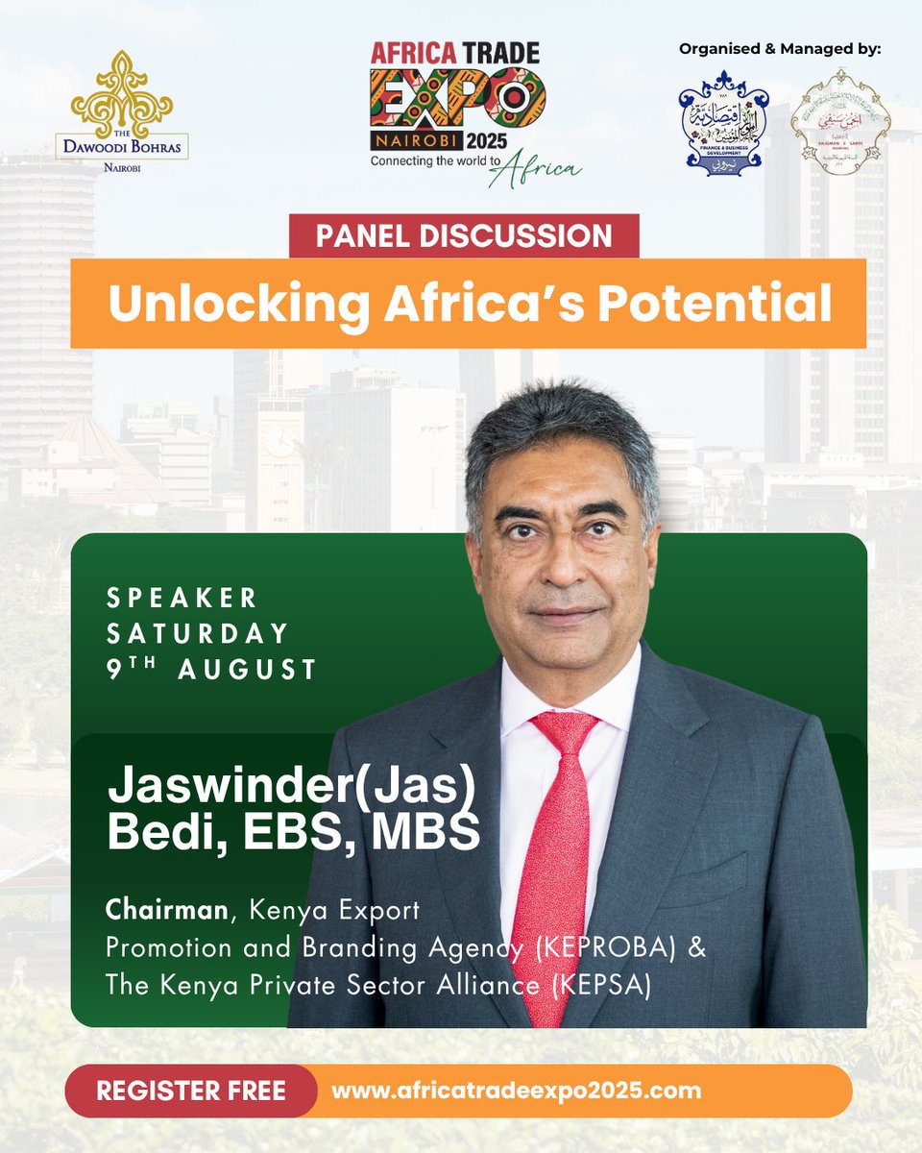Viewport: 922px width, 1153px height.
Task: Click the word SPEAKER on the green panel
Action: click(182, 598)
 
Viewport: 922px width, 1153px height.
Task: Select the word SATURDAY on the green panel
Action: click(198, 634)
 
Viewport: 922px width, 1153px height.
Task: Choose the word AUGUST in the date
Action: click(248, 670)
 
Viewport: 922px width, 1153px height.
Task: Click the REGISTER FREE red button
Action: click(190, 1092)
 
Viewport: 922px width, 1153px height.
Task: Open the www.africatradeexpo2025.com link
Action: click(516, 1092)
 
